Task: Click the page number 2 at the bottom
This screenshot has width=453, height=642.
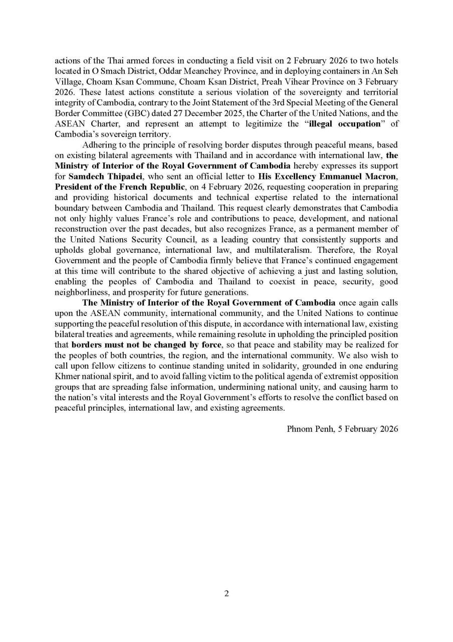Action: click(226, 594)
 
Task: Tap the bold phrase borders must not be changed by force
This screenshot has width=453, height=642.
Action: click(146, 345)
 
